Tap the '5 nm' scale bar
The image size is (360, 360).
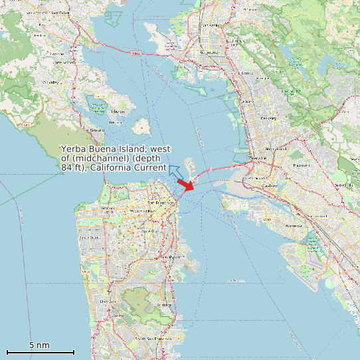(x=40, y=351)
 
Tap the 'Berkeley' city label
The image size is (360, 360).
(x=268, y=118)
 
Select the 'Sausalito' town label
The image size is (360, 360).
(x=97, y=130)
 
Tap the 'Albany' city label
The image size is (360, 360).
(x=249, y=101)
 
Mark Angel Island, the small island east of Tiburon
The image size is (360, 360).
(x=140, y=126)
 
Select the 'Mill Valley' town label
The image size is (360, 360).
(x=49, y=82)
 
